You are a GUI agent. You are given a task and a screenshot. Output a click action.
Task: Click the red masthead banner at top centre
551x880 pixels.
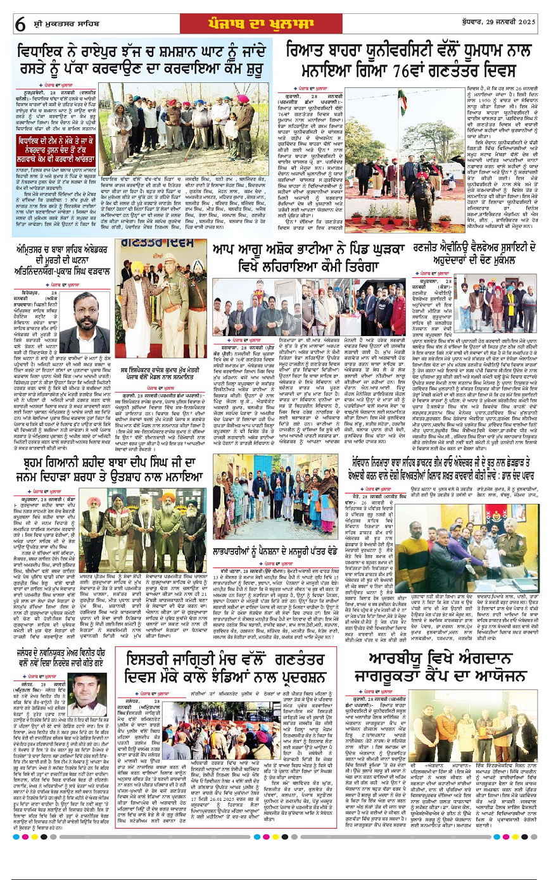pos(275,23)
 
